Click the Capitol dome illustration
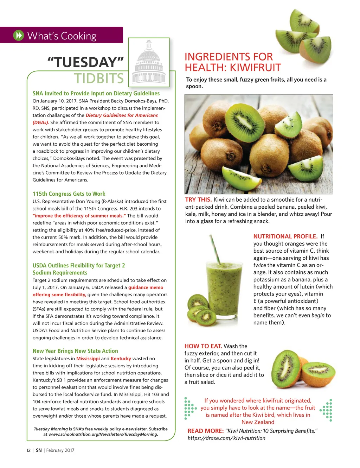(149, 63)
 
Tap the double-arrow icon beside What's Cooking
(18, 36)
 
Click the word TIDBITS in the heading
(99, 78)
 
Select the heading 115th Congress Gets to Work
(69, 194)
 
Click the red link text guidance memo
(146, 287)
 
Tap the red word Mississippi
(88, 359)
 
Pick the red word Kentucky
(121, 359)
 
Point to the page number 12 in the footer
(28, 450)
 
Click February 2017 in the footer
(60, 450)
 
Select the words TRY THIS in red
(198, 200)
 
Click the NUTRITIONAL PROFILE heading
(285, 236)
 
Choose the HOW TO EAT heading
(203, 346)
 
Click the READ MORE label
(205, 431)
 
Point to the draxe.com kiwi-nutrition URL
(226, 438)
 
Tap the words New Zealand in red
(258, 422)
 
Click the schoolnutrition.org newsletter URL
(103, 434)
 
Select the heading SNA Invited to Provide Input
(96, 94)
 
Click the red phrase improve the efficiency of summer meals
(79, 216)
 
